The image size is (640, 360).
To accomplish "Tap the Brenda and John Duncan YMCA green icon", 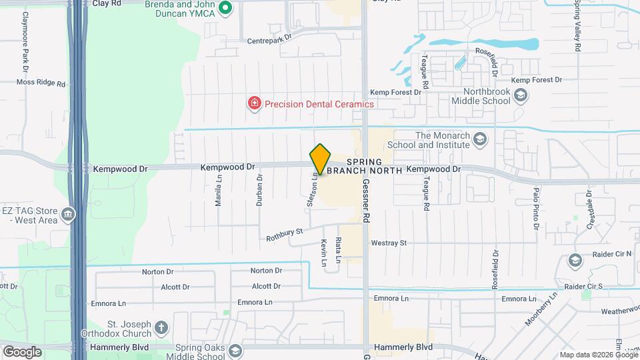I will pos(225,9).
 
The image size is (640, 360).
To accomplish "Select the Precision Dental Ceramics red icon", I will pos(254,104).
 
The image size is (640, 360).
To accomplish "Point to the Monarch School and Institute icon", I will pos(480,139).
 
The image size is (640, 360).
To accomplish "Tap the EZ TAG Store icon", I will pos(67,215).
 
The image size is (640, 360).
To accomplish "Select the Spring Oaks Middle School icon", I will pos(234,351).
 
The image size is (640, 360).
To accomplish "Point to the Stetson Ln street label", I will pos(311,190).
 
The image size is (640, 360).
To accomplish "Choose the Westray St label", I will pos(389,243).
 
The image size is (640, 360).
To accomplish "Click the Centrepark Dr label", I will pos(270,39).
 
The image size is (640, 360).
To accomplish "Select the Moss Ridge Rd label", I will pos(41,84).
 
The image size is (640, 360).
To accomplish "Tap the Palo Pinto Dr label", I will pos(535,209).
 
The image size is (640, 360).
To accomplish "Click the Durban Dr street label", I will pos(260,189).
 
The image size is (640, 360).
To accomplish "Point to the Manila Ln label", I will pos(219,191).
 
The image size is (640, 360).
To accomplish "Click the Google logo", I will pos(22,351).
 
